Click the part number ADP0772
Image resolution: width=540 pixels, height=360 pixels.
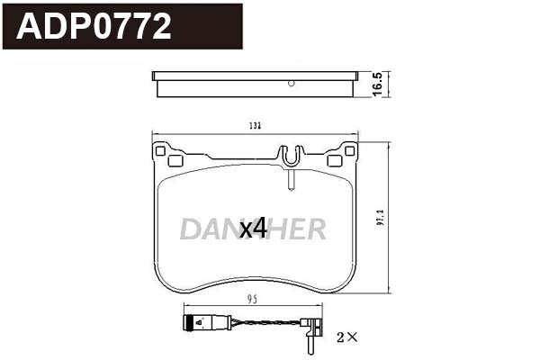click(x=94, y=27)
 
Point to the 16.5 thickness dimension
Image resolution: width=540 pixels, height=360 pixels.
click(x=379, y=84)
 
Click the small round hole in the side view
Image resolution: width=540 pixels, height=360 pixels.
click(x=291, y=84)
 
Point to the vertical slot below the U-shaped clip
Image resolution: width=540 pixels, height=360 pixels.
click(x=289, y=180)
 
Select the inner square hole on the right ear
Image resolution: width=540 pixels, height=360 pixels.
click(x=334, y=162)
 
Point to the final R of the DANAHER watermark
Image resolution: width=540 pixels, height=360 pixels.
click(x=314, y=230)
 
